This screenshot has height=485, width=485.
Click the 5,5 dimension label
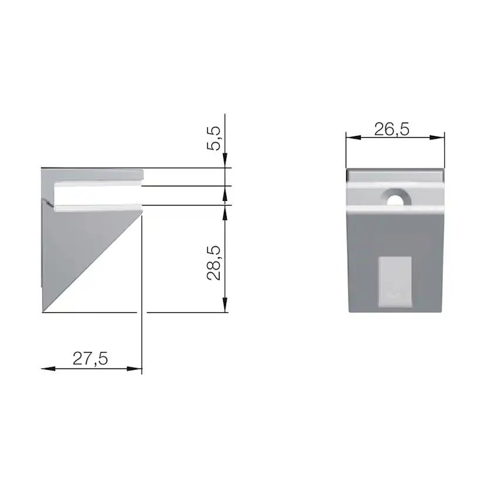coord(216,138)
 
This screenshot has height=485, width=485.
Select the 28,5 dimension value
coord(215,263)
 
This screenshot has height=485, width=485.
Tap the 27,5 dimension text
coord(90,358)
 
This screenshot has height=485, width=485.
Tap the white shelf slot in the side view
coord(97,195)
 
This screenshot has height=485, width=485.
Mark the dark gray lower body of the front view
coord(363,264)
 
